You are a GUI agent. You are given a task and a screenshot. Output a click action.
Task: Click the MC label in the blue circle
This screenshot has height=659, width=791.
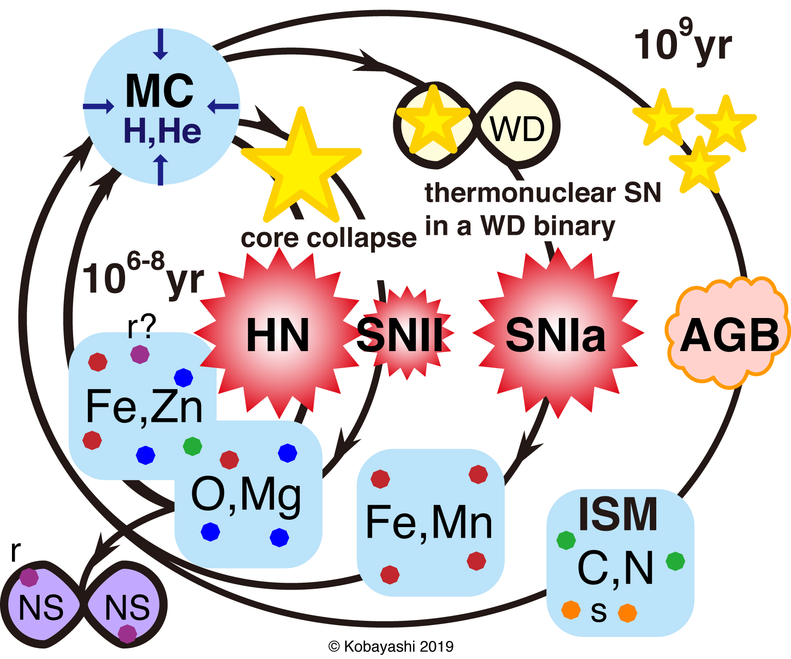tap(159, 91)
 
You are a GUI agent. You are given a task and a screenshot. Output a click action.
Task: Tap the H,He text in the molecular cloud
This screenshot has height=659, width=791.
tap(162, 131)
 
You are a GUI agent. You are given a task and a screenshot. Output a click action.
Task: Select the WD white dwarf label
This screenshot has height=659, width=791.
tap(517, 129)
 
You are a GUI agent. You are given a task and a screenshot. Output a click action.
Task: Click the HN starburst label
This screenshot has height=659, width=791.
tap(278, 336)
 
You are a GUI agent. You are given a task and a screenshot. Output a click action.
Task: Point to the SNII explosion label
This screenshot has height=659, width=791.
tap(400, 335)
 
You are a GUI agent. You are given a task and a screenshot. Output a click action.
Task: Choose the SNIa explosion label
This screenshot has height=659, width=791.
tap(556, 336)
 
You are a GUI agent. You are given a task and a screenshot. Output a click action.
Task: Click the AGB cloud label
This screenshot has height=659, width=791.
tap(729, 335)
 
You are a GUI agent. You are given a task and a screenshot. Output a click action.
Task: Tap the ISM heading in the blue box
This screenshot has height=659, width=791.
tap(618, 514)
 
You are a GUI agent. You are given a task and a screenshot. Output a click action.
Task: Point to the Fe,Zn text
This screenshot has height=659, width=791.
tap(144, 406)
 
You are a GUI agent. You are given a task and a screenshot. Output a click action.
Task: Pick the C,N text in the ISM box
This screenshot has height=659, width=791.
tap(615, 568)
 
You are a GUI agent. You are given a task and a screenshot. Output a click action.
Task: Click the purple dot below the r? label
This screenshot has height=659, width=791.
tap(140, 354)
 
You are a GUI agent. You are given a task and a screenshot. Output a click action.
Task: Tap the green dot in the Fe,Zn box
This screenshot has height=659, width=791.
tap(192, 446)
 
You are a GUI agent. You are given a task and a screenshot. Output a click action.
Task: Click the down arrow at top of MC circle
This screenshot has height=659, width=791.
tap(160, 44)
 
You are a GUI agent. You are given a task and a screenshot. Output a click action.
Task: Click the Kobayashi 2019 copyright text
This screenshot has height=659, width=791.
tap(391, 647)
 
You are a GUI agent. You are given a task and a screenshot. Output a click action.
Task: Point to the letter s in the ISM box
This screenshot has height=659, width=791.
tap(598, 612)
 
